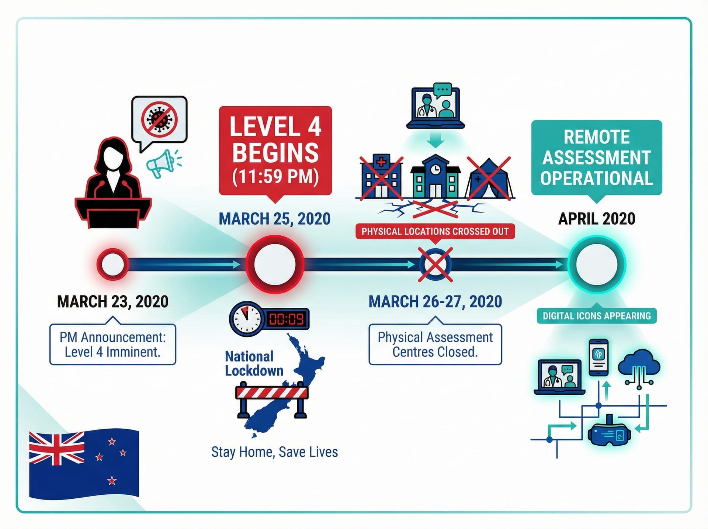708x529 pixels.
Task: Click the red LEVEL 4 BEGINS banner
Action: (x=275, y=151)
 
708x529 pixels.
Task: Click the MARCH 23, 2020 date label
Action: (x=112, y=302)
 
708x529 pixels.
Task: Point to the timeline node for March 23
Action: (x=112, y=264)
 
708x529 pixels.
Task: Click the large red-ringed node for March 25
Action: (x=275, y=264)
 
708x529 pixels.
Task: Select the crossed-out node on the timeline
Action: (x=435, y=264)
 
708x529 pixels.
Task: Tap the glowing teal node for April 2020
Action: (x=597, y=264)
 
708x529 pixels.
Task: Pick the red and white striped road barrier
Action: (x=272, y=392)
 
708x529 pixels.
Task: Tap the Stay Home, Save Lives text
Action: (x=274, y=452)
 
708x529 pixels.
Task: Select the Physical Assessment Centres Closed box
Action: (x=435, y=345)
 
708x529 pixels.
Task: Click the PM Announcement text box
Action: (x=112, y=345)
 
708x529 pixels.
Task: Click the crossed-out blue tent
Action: (x=489, y=180)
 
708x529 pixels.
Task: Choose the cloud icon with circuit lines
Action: (x=639, y=365)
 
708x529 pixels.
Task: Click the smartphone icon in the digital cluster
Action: (x=598, y=357)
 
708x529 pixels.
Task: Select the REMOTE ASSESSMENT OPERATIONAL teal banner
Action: (x=597, y=158)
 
